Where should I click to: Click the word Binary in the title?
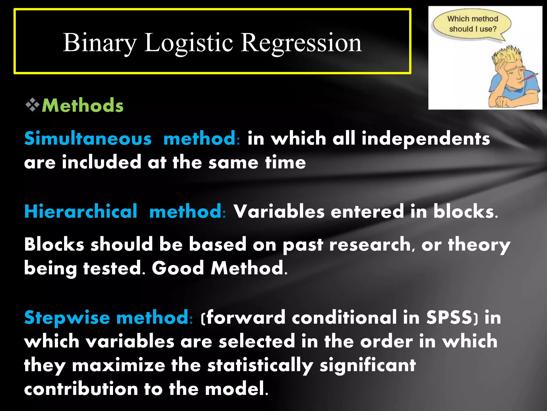[x=99, y=43]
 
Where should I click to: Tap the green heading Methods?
[x=83, y=105]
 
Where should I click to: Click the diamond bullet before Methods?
[x=33, y=105]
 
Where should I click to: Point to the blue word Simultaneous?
[x=88, y=139]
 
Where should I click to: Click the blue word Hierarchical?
[x=81, y=211]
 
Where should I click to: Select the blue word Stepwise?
[x=67, y=318]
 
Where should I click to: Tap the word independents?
[x=426, y=139]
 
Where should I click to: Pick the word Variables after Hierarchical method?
[x=279, y=211]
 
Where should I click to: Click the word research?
[x=370, y=245]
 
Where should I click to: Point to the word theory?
[x=479, y=245]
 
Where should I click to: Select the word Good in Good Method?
[x=178, y=268]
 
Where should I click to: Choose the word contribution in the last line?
[x=81, y=389]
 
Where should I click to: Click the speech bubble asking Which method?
[x=472, y=24]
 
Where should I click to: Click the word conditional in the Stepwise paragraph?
[x=344, y=317]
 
